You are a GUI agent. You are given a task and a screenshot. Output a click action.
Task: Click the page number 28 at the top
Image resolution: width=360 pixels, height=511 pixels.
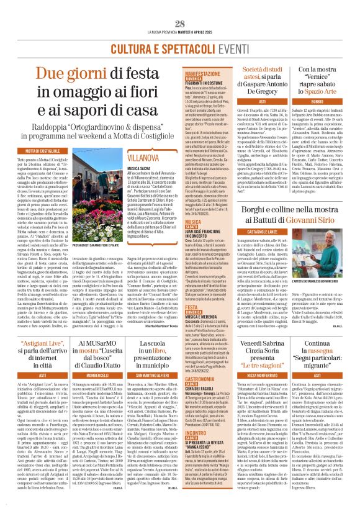tap(180, 24)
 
